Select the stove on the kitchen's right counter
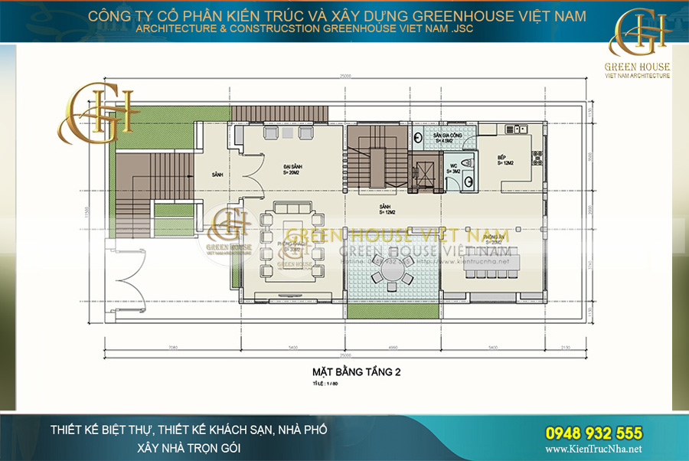click(x=537, y=159)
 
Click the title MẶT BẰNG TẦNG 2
click(x=357, y=371)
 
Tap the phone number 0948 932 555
click(x=593, y=433)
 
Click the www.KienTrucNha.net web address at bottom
click(x=593, y=450)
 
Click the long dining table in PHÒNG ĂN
click(x=490, y=260)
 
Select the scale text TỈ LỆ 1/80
click(x=325, y=382)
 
